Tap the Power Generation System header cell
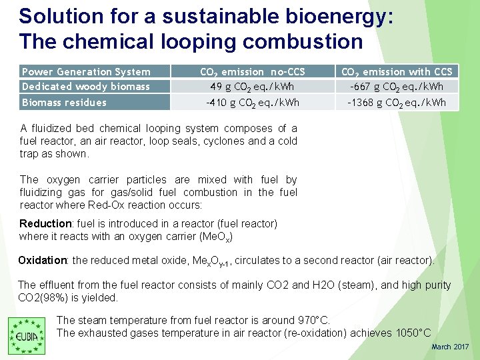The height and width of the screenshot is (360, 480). [x=87, y=71]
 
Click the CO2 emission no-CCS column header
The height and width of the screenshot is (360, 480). [x=253, y=71]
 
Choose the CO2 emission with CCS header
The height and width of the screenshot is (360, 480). [x=397, y=71]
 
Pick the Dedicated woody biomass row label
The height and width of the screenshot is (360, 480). [x=86, y=86]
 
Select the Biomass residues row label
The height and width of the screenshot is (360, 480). [x=65, y=102]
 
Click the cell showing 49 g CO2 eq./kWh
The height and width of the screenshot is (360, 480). [x=253, y=87]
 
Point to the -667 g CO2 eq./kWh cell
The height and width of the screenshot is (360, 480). [x=397, y=87]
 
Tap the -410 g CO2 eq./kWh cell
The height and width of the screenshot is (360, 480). [x=253, y=103]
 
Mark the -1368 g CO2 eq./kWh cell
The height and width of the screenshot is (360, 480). [x=397, y=103]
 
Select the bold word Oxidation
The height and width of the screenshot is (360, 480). [x=43, y=260]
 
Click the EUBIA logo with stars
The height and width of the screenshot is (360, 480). [x=26, y=335]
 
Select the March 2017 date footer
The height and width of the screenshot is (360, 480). [x=450, y=347]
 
